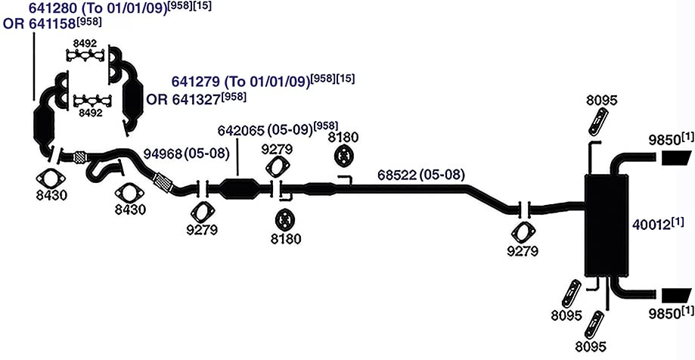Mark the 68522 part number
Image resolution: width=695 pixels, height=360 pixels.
(398, 175)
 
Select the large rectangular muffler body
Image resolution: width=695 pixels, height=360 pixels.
(607, 225)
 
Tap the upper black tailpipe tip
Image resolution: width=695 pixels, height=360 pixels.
(676, 158)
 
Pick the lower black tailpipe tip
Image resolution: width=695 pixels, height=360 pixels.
(676, 295)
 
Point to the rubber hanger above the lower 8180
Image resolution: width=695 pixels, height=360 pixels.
(284, 219)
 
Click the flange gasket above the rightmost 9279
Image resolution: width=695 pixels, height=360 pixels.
(523, 232)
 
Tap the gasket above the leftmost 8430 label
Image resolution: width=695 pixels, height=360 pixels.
(51, 180)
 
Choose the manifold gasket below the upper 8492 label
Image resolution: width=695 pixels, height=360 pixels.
(86, 55)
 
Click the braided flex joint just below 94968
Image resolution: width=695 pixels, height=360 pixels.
(163, 183)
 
